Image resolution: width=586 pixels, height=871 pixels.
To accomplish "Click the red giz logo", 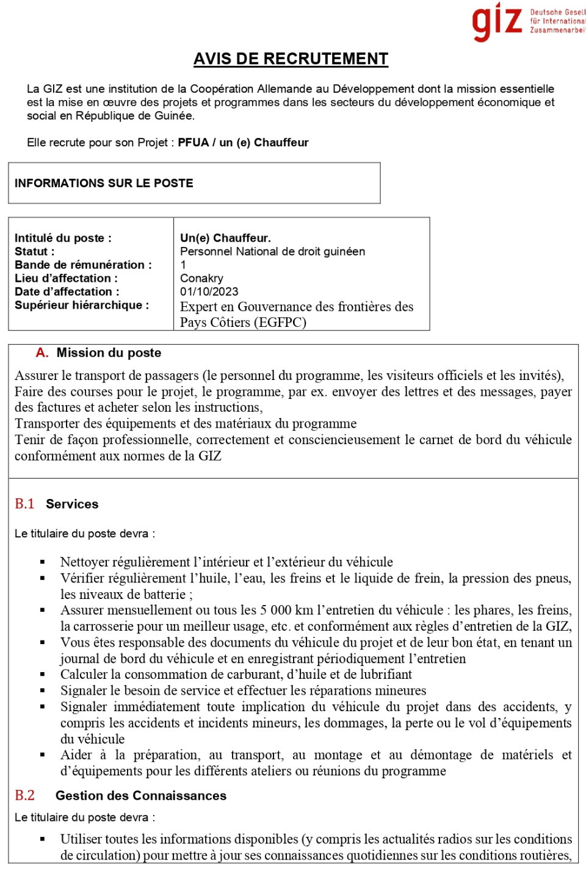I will (497, 21).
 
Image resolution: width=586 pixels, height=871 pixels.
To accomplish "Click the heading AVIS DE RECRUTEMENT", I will (291, 59).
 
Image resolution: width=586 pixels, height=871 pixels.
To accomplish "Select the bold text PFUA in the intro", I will (192, 143).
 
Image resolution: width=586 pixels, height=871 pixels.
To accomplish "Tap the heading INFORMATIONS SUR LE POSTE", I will (104, 184).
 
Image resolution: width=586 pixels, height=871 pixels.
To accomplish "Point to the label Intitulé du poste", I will (63, 238).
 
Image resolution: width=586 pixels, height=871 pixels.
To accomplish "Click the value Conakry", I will (201, 279).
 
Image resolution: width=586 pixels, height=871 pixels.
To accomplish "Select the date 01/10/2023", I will (209, 292).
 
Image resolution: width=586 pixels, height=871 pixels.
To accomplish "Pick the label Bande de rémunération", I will (83, 265).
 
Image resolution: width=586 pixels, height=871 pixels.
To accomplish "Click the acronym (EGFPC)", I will (282, 323).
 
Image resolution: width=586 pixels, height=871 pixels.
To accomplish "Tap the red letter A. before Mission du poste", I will (42, 353).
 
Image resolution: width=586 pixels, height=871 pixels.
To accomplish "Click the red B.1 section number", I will (24, 504).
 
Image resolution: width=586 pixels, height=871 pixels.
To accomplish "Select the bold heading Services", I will (72, 504).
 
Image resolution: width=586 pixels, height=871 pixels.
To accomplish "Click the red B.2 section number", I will (24, 796).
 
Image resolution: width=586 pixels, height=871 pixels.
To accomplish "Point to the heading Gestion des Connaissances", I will (140, 796).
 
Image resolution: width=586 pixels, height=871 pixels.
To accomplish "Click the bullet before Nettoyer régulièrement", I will (43, 562).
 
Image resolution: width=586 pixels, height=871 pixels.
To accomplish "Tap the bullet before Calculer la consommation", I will (43, 675).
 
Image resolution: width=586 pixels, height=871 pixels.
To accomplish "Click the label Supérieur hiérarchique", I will (82, 306).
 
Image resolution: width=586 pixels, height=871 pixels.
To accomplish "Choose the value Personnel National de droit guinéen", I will (272, 252).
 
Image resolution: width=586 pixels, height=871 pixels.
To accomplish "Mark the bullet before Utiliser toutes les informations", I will (43, 839).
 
